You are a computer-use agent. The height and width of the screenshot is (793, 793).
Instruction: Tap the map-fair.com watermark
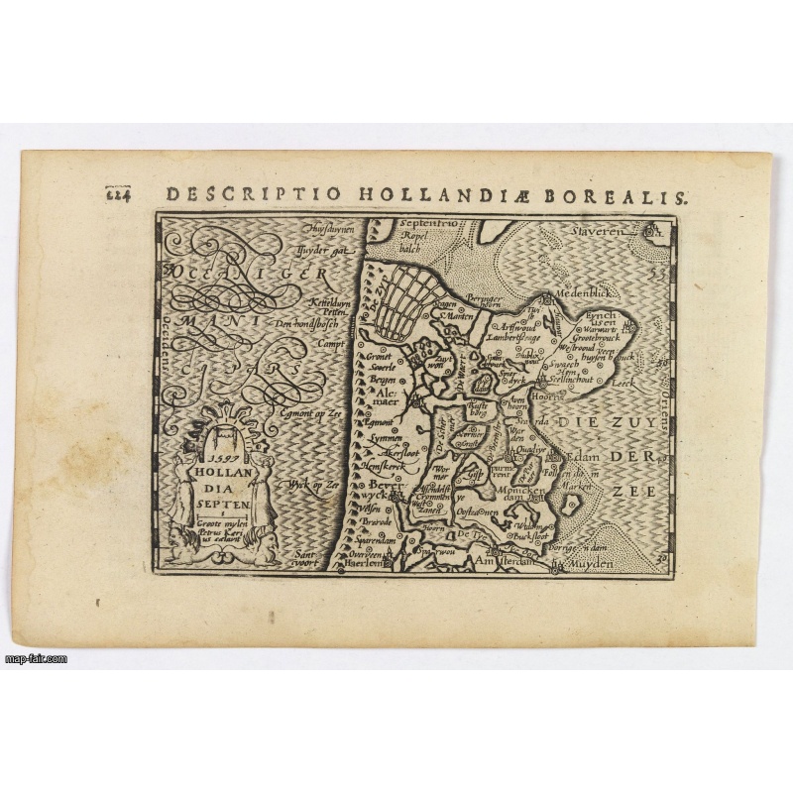36,658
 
